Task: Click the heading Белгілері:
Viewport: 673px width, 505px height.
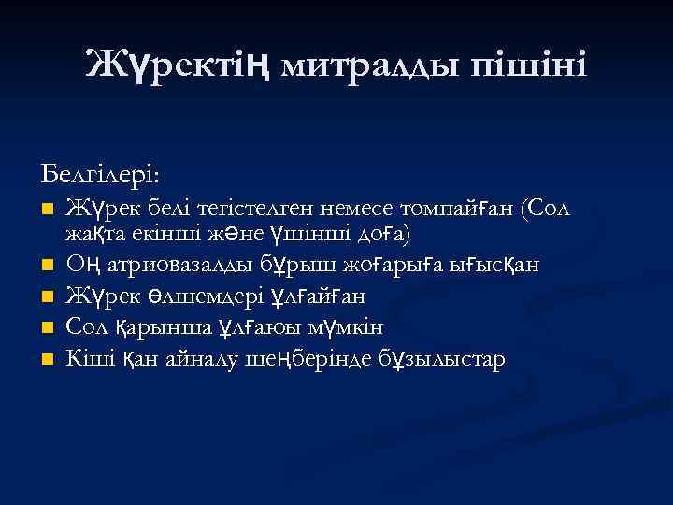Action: [100, 175]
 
